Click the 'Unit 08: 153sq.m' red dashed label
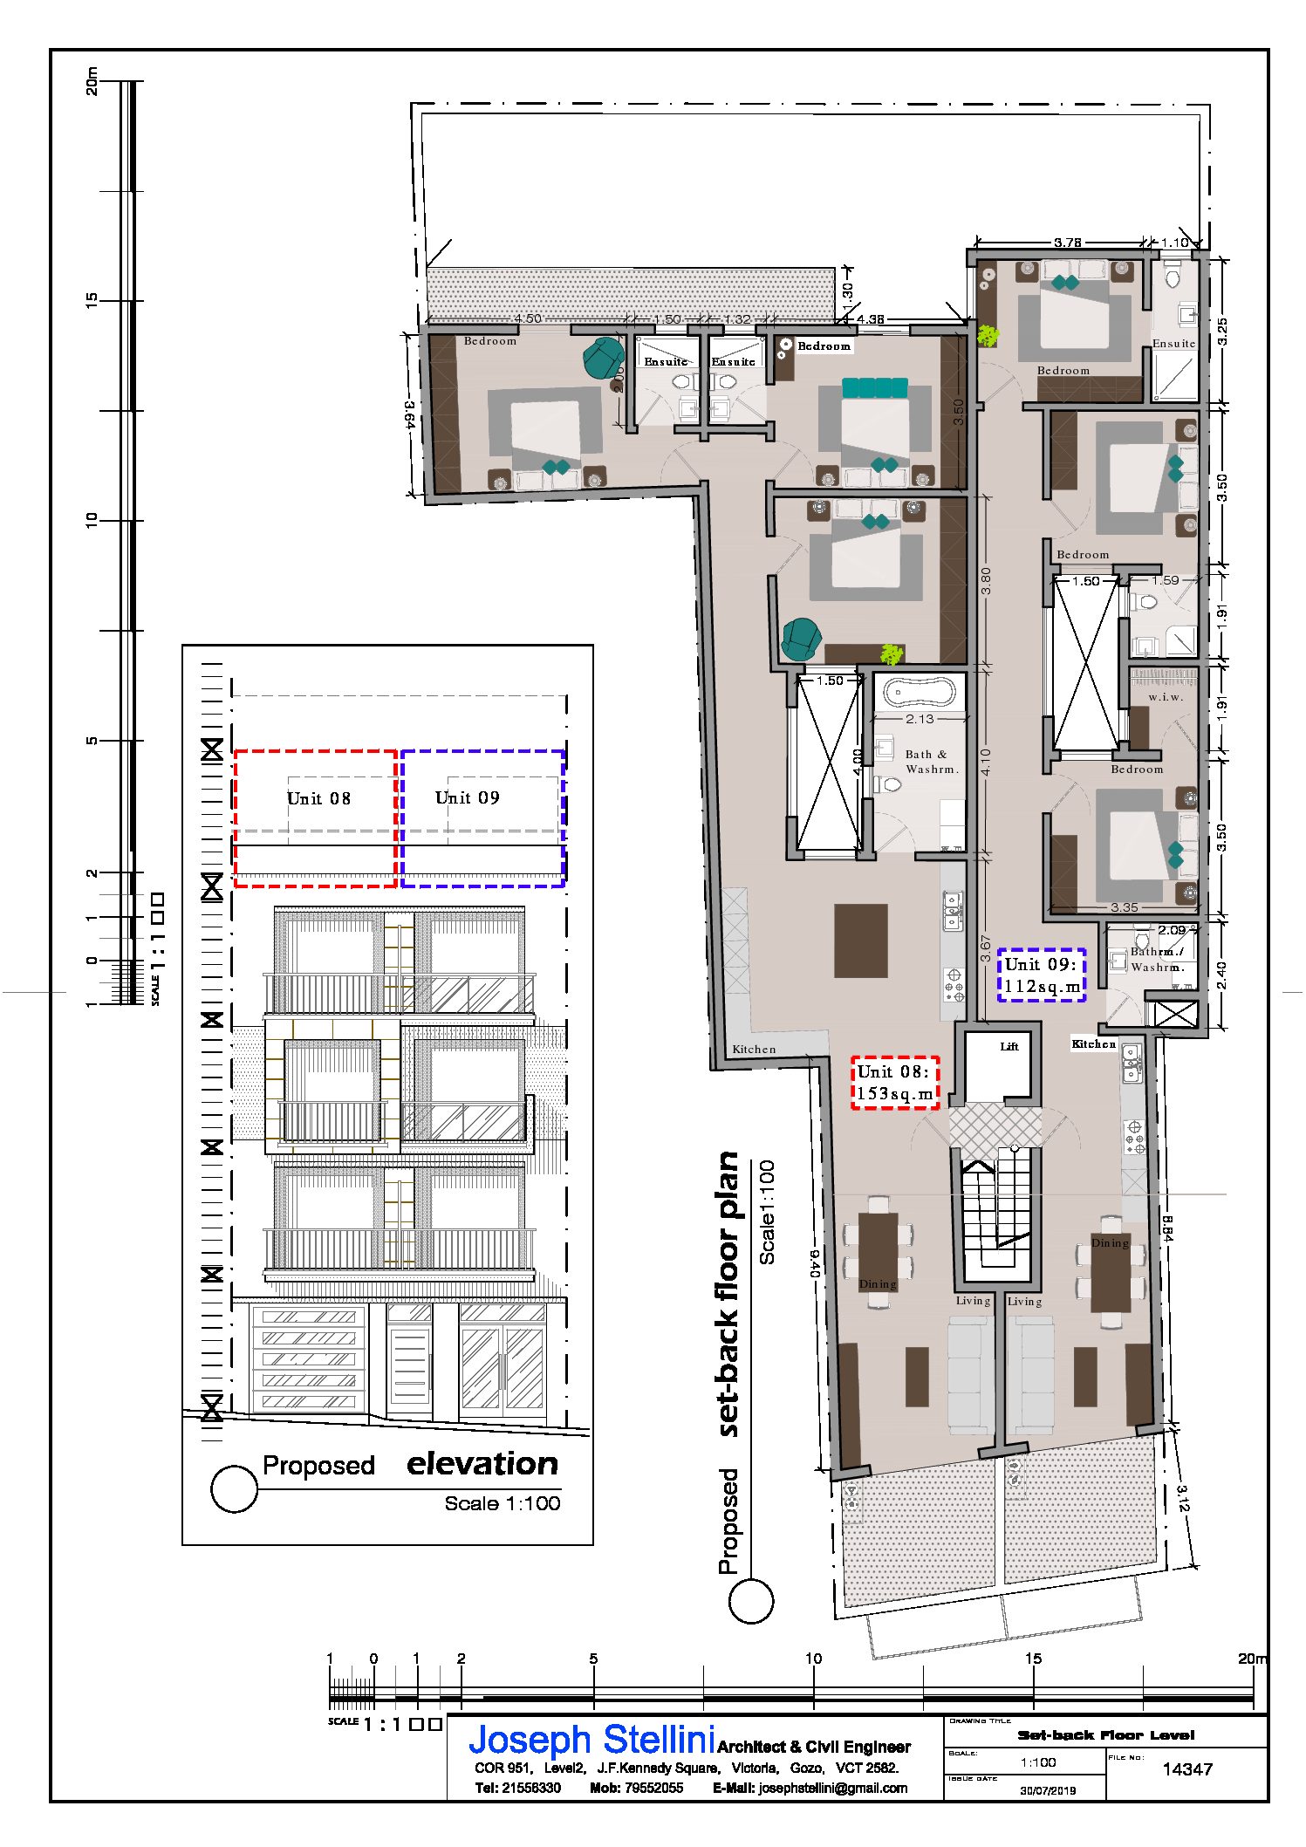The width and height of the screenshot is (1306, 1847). pyautogui.click(x=895, y=1083)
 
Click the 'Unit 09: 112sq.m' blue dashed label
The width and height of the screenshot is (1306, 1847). pyautogui.click(x=1042, y=975)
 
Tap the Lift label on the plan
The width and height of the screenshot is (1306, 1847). pyautogui.click(x=1009, y=1046)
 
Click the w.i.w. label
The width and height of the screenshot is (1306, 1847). pyautogui.click(x=1166, y=696)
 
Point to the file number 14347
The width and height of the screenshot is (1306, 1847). pyautogui.click(x=1187, y=1768)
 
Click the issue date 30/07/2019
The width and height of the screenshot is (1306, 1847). pyautogui.click(x=1048, y=1789)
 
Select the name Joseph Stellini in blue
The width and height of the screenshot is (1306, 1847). pyautogui.click(x=591, y=1740)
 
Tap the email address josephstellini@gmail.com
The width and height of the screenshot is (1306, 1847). pyautogui.click(x=832, y=1788)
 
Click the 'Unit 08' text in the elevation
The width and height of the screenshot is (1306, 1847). pyautogui.click(x=318, y=798)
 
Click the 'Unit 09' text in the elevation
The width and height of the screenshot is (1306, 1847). pyautogui.click(x=467, y=797)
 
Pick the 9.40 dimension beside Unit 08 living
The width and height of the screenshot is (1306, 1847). pyautogui.click(x=814, y=1263)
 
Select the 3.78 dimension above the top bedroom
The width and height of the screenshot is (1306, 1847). pyautogui.click(x=1067, y=243)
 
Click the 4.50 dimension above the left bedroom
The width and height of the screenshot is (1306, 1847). pyautogui.click(x=527, y=318)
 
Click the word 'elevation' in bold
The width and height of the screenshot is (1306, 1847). pyautogui.click(x=482, y=1463)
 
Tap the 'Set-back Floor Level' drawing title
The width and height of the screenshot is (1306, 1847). pyautogui.click(x=1105, y=1734)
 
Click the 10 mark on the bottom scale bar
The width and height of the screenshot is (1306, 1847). pyautogui.click(x=812, y=1658)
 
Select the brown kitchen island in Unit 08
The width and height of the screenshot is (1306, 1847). pyautogui.click(x=860, y=941)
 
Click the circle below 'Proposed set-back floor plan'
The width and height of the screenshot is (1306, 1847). pyautogui.click(x=750, y=1601)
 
